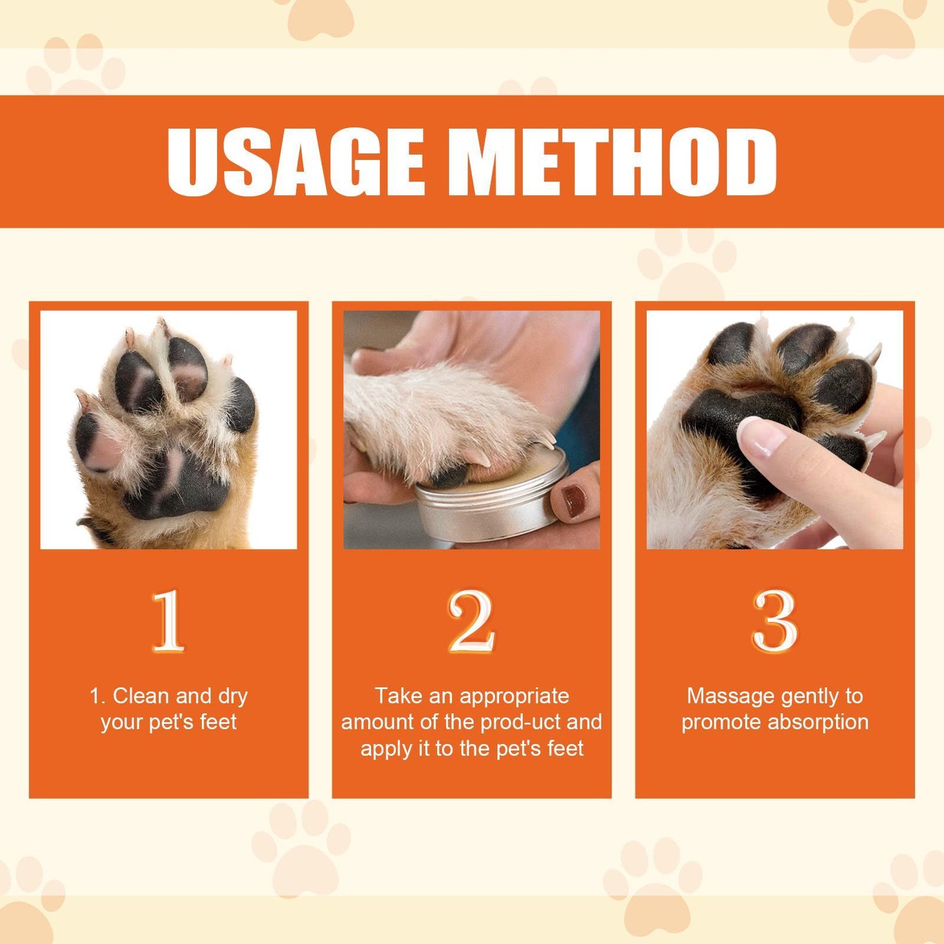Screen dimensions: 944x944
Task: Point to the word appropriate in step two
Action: [x=514, y=697]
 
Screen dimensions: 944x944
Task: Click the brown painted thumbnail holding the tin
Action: [x=576, y=500]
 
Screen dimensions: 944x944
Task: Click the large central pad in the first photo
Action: [x=180, y=480]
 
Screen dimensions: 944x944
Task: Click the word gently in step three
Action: [x=807, y=696]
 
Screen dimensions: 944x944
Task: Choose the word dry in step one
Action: [x=233, y=696]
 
